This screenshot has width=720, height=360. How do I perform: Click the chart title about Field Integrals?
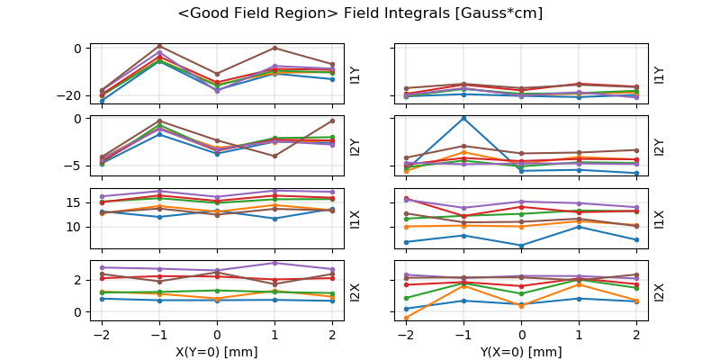tap(360, 13)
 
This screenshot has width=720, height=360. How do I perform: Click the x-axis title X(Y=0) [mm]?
tap(217, 352)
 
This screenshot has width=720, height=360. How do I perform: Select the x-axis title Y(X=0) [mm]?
tap(522, 352)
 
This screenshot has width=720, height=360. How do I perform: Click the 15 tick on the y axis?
tap(75, 202)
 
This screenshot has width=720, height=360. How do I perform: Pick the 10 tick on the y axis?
tap(75, 227)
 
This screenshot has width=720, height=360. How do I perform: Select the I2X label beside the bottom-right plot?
tap(659, 292)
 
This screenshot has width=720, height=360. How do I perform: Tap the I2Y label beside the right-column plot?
tap(659, 147)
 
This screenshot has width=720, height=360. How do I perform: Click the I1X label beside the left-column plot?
tap(355, 219)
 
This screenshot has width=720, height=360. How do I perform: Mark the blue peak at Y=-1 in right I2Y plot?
tap(463, 118)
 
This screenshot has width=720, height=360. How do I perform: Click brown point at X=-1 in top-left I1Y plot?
tap(159, 46)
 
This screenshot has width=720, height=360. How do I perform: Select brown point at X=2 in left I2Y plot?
tap(332, 121)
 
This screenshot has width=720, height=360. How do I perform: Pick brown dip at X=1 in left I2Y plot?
tap(274, 156)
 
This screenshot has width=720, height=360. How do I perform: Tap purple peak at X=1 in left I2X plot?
tap(274, 263)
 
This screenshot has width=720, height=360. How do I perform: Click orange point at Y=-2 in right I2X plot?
tap(406, 318)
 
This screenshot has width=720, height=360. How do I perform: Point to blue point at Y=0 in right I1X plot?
tap(522, 245)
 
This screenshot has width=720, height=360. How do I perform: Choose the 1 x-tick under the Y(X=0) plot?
tap(580, 333)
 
